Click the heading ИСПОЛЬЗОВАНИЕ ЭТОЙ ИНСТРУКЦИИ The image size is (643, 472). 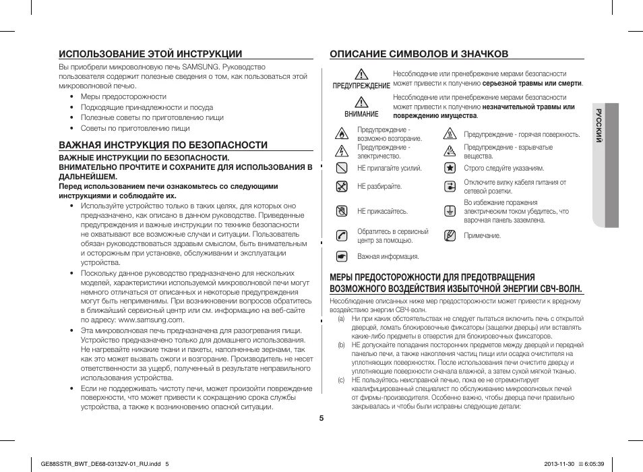coord(150,53)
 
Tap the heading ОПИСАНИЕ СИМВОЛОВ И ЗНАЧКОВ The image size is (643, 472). coord(419,53)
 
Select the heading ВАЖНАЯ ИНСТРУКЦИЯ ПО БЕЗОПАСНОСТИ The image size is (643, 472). coord(163,144)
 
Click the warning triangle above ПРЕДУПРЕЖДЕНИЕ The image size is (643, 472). coord(361,75)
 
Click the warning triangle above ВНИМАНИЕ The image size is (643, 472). coord(361,102)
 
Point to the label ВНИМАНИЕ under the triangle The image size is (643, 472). coord(361,115)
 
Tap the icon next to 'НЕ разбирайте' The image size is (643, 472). coord(342,186)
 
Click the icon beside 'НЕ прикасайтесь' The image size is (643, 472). coord(342,211)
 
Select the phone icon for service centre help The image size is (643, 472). coord(342,235)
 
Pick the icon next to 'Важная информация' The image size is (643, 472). coord(342,256)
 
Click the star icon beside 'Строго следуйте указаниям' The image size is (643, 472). coord(450,168)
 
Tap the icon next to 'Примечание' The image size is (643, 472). coord(450,235)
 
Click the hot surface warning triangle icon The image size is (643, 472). coord(450,134)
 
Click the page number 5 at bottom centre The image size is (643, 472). coord(321,418)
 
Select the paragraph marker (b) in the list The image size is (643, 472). coord(342,345)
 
